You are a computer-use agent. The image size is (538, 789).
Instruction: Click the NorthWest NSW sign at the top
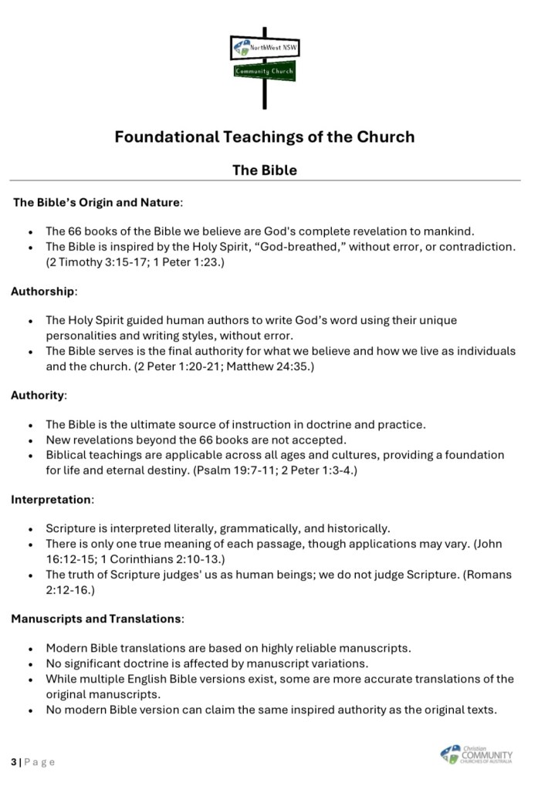(x=266, y=49)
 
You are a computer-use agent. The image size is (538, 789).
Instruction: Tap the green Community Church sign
(x=265, y=72)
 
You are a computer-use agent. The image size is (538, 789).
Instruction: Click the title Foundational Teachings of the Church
(x=265, y=137)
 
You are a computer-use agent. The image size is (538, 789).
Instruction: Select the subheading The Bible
(x=265, y=170)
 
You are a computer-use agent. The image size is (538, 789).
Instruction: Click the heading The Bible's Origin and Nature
(x=97, y=203)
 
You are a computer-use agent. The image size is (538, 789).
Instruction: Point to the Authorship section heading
(x=43, y=292)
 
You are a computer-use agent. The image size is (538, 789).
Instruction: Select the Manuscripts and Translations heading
(x=96, y=618)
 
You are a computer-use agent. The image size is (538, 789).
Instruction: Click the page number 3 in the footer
(x=14, y=762)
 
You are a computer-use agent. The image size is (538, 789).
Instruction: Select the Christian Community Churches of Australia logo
(x=475, y=754)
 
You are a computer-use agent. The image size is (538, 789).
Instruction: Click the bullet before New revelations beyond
(x=30, y=440)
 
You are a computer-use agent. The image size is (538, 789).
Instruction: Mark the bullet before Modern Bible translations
(x=30, y=649)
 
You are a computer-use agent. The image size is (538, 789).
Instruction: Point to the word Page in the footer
(x=40, y=762)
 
